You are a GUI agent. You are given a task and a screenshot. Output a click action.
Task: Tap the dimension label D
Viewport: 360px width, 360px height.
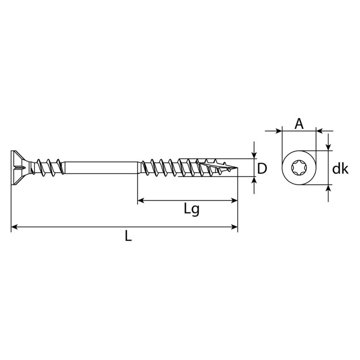coord(262,169)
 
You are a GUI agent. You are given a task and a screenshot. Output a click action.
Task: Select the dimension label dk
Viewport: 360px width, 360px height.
coord(340,169)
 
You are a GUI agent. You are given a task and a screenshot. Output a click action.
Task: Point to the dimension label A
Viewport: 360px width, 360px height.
coord(299,124)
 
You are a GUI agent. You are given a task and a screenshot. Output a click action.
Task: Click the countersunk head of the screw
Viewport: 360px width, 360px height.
coord(21,168)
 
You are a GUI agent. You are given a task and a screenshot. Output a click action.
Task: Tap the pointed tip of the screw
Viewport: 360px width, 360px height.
coord(237,168)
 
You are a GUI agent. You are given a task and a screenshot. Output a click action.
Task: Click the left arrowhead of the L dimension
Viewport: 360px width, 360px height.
coord(14,227)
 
